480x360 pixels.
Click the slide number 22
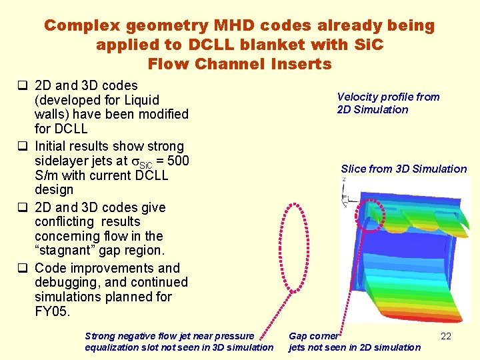point(446,336)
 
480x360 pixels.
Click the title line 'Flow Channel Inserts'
point(239,65)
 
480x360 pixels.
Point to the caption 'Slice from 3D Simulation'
point(403,169)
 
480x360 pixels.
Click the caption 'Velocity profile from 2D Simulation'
point(388,103)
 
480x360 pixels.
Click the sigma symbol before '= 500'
point(137,161)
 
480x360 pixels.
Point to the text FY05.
point(52,311)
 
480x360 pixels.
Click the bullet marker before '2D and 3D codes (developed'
point(22,86)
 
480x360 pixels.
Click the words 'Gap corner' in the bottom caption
point(313,336)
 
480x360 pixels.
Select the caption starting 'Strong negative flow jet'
point(179,341)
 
